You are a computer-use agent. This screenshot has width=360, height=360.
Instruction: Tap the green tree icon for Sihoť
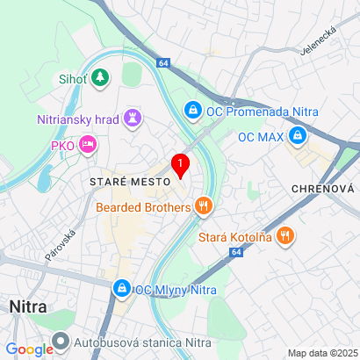pos(101,79)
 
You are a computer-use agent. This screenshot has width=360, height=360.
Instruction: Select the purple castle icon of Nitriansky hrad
pos(133,118)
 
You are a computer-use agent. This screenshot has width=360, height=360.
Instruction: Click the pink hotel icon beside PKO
pos(87,144)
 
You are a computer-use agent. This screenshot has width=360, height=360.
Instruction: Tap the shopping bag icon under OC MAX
pos(298,136)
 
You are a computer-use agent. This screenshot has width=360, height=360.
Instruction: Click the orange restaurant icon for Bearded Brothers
pos(204,207)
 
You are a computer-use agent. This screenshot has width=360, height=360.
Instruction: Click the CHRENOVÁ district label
pos(321,189)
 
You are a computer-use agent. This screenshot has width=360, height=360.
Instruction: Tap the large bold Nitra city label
pos(28,307)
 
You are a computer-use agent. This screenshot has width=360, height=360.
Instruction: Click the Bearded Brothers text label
pos(144,207)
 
